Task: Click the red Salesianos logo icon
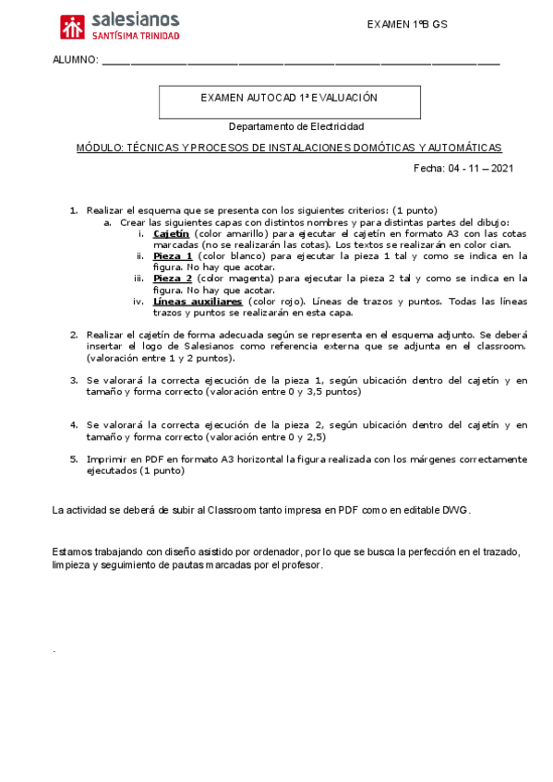pyautogui.click(x=72, y=27)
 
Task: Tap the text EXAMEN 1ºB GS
pyautogui.click(x=407, y=24)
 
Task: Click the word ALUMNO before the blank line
pyautogui.click(x=75, y=60)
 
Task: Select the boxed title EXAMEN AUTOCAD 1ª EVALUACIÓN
pyautogui.click(x=289, y=97)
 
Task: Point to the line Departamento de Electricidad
pyautogui.click(x=296, y=125)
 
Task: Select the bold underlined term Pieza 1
pyautogui.click(x=173, y=255)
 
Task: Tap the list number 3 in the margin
pyautogui.click(x=74, y=379)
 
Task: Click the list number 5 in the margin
pyautogui.click(x=74, y=458)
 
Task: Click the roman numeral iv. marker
pyautogui.click(x=138, y=301)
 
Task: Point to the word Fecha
pyautogui.click(x=428, y=169)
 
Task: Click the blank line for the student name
pyautogui.click(x=300, y=62)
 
